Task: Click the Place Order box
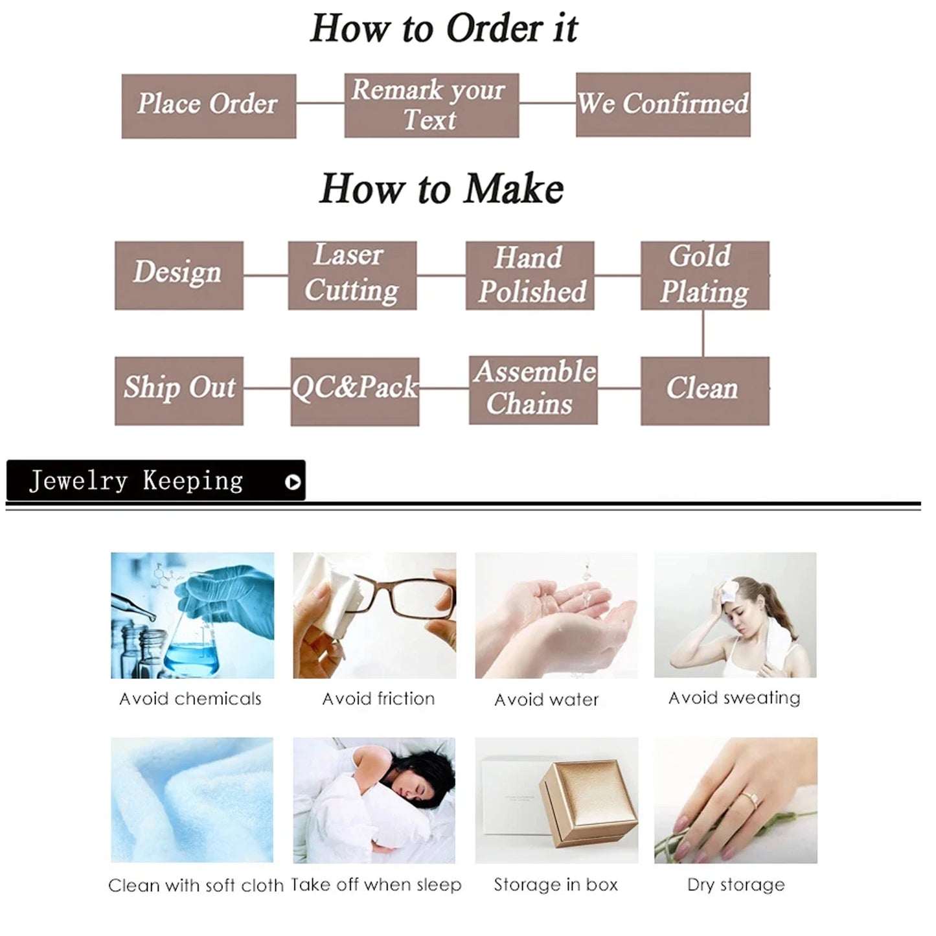click(x=209, y=106)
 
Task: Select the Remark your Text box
click(x=432, y=106)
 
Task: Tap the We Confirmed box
click(x=663, y=104)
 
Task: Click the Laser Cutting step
click(x=352, y=275)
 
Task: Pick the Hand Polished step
click(x=530, y=275)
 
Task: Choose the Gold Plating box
click(x=705, y=275)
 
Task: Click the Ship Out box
click(x=179, y=391)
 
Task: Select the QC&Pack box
click(x=355, y=391)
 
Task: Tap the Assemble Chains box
click(x=533, y=390)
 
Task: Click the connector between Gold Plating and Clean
click(x=703, y=333)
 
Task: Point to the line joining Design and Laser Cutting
click(x=266, y=275)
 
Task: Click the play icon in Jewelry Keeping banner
click(x=293, y=482)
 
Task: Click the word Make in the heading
click(x=514, y=188)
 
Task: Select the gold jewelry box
click(x=588, y=806)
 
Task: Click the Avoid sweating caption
click(x=735, y=698)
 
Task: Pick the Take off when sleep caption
click(x=376, y=885)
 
